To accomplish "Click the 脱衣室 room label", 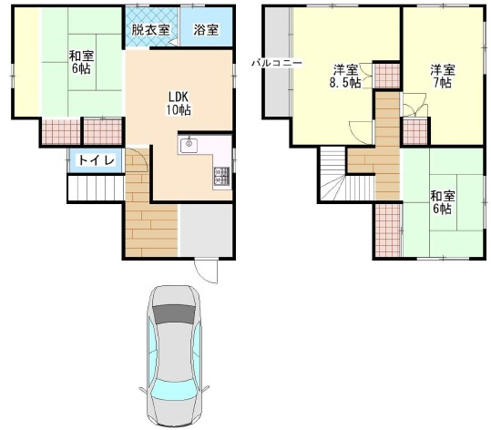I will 149,29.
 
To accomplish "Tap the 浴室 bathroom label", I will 206,29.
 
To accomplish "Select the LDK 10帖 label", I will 177,102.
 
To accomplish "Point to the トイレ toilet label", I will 97,160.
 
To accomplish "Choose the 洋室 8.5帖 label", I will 344,77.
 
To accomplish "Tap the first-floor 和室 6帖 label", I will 79,62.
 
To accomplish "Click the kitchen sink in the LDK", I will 191,144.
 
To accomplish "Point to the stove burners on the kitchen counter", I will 221,175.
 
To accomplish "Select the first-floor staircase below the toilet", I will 95,189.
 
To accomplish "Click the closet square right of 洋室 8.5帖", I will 387,76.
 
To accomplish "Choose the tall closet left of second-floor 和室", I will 388,230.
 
